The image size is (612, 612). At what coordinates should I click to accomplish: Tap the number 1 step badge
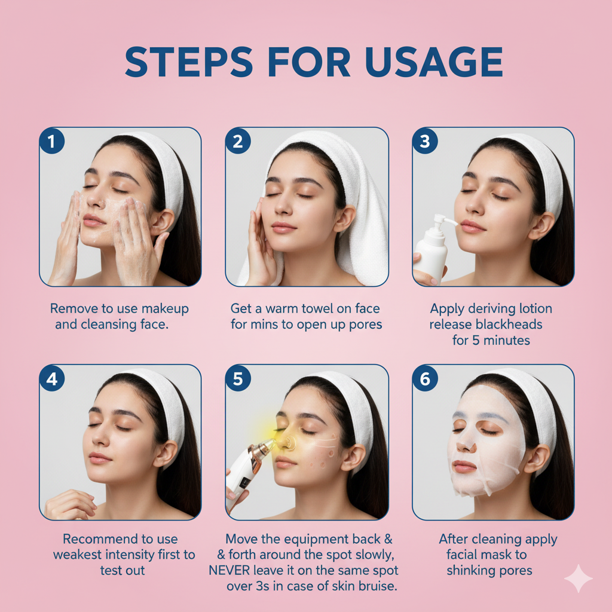(x=52, y=142)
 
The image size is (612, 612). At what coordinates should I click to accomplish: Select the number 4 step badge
(x=52, y=379)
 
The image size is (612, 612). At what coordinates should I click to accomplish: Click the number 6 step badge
(x=426, y=379)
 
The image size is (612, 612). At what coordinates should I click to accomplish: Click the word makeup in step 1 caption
(x=164, y=309)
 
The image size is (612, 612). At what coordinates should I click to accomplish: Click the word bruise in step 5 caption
(x=377, y=586)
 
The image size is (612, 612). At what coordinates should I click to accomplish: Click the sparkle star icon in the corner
(x=578, y=578)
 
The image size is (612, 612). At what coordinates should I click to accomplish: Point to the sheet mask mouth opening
(x=465, y=467)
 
